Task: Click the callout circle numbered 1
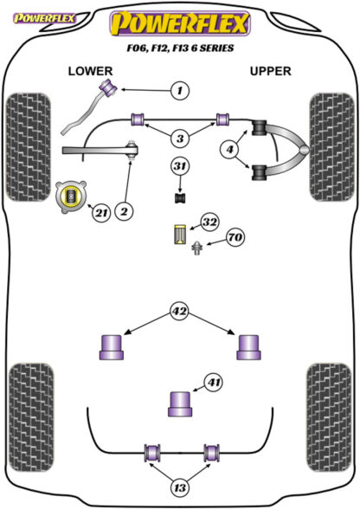point(179,90)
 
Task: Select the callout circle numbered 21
point(101,213)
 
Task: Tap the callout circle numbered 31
point(180,166)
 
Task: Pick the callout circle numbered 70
point(235,237)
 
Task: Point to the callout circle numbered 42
point(179,312)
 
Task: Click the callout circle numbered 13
point(180,487)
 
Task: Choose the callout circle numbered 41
point(214,383)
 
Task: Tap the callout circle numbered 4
point(229,149)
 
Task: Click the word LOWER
point(90,71)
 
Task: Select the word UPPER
point(270,71)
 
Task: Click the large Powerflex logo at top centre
point(180,23)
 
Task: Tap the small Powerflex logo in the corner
point(44,18)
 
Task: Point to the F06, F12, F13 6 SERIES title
point(180,48)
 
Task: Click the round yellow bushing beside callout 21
point(71,197)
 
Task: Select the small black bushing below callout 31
point(180,197)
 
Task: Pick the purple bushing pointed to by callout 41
point(180,404)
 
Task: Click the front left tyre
point(29,147)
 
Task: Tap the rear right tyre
point(329,417)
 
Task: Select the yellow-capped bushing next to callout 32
point(180,235)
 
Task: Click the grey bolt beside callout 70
point(196,248)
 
